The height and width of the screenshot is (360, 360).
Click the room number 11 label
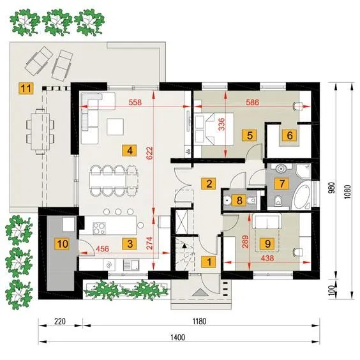(x=26, y=88)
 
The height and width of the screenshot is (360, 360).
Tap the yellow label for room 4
(x=130, y=151)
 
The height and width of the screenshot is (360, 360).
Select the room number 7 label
(x=282, y=183)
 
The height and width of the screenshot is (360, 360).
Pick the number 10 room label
(x=63, y=244)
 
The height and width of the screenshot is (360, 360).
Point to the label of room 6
(x=290, y=135)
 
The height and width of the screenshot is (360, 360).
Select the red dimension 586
(x=253, y=102)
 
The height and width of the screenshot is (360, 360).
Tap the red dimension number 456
(x=102, y=249)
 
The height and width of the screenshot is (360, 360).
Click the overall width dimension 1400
(x=178, y=337)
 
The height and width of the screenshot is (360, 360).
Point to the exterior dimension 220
(x=60, y=321)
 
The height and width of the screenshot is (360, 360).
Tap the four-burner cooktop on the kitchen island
(x=99, y=229)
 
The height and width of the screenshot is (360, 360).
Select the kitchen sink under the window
(x=131, y=265)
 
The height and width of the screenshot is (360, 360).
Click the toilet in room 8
(x=252, y=200)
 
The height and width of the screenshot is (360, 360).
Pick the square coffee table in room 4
(x=116, y=127)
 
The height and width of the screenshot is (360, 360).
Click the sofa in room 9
(x=267, y=221)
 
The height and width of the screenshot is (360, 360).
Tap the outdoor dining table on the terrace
(x=40, y=131)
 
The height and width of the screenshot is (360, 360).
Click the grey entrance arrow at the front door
(x=200, y=292)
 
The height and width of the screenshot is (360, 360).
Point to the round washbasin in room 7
(x=281, y=169)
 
